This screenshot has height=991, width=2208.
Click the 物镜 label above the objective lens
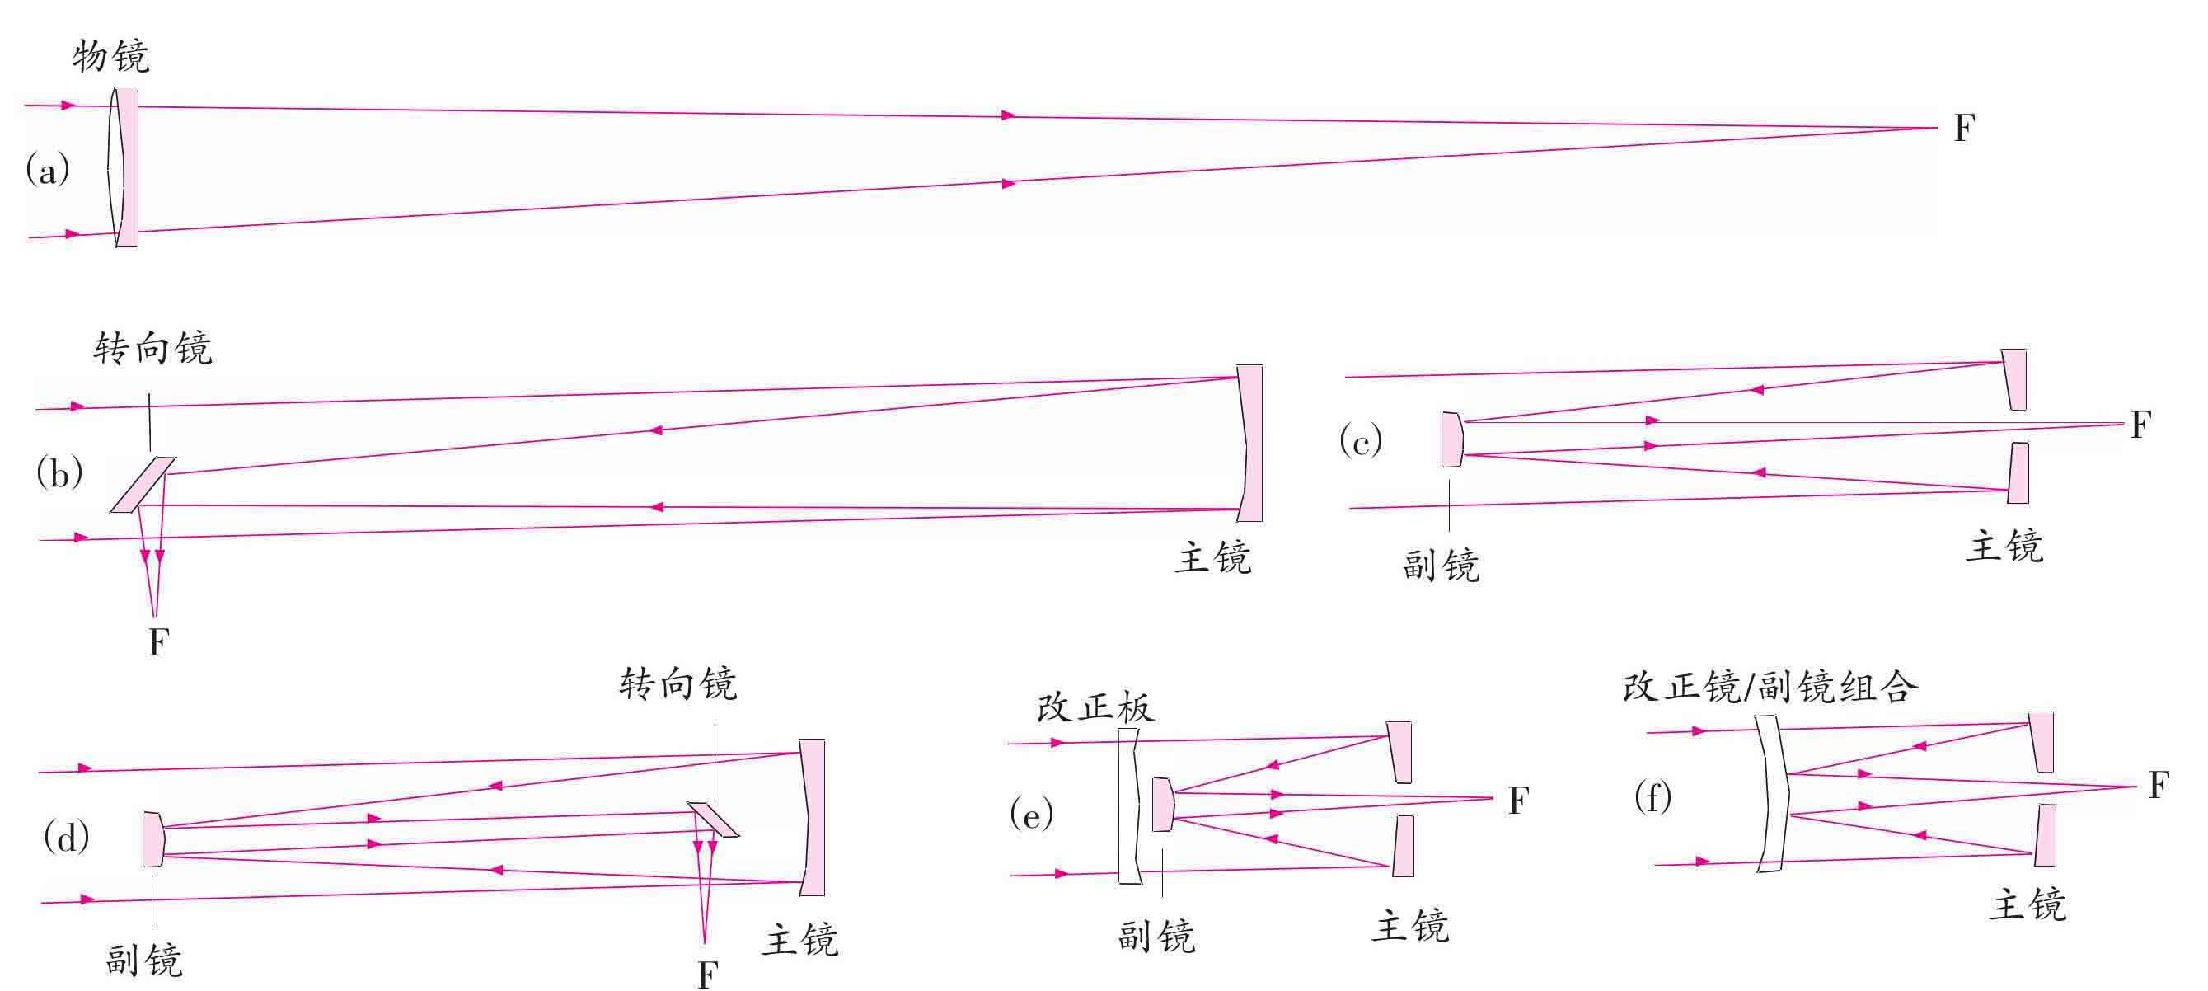click(x=110, y=58)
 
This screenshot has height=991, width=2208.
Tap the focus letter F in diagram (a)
click(x=1964, y=129)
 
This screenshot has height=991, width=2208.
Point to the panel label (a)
click(x=47, y=170)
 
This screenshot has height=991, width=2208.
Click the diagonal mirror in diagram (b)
click(x=143, y=484)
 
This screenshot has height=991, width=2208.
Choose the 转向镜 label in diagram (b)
click(x=152, y=350)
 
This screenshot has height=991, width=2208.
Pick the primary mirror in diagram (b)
click(x=1250, y=444)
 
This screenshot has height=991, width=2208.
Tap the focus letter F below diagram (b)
click(x=158, y=642)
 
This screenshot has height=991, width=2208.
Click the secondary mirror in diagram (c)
click(x=1451, y=439)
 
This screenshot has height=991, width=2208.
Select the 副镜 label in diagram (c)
click(x=1441, y=566)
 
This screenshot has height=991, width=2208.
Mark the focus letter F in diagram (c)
click(x=2140, y=425)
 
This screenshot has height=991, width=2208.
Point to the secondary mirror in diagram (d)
click(x=153, y=838)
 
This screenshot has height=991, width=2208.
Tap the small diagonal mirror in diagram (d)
click(x=713, y=819)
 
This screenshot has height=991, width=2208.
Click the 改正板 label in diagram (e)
click(x=1095, y=708)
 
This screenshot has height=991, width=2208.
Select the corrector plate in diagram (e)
click(x=1129, y=805)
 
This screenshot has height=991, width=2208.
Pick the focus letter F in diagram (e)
click(x=1518, y=801)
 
